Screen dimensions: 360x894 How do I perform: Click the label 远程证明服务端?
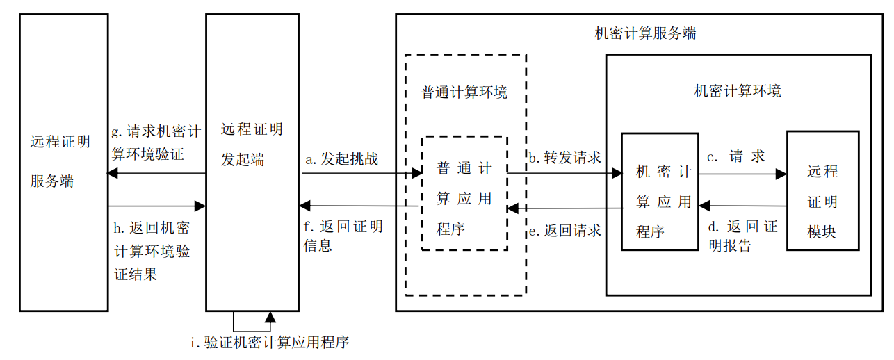[x=60, y=161]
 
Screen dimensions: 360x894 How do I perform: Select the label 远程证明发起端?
[x=251, y=145]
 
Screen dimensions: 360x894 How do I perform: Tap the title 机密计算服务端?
[x=646, y=33]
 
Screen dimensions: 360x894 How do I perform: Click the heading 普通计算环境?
[x=464, y=92]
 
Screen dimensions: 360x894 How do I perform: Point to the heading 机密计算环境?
[x=738, y=91]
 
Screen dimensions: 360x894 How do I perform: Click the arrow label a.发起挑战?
[x=342, y=159]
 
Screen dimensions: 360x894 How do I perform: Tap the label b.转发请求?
[x=564, y=158]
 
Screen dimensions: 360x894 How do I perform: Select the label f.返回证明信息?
[x=343, y=236]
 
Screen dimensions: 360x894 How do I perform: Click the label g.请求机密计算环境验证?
[x=156, y=142]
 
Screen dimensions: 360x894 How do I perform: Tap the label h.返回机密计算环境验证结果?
[x=152, y=251]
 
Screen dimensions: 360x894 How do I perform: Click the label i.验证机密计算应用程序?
[x=270, y=343]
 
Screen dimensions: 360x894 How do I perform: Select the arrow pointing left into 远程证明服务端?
[x=156, y=173]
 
